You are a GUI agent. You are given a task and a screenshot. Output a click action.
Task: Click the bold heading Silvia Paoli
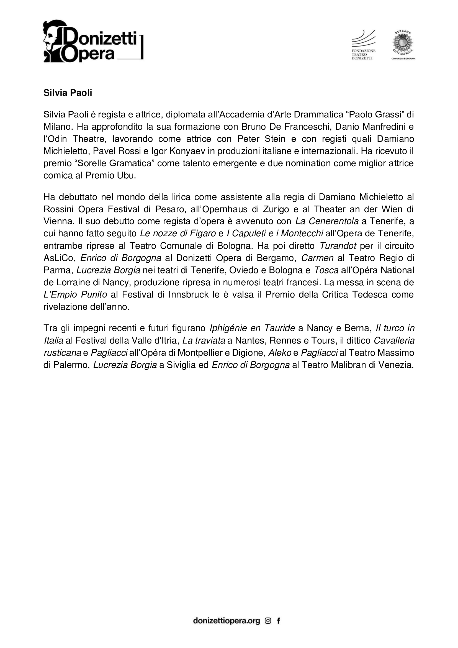click(68, 93)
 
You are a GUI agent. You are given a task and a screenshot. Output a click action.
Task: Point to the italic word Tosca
click(326, 270)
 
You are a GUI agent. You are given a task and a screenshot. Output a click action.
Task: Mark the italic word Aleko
click(279, 353)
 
